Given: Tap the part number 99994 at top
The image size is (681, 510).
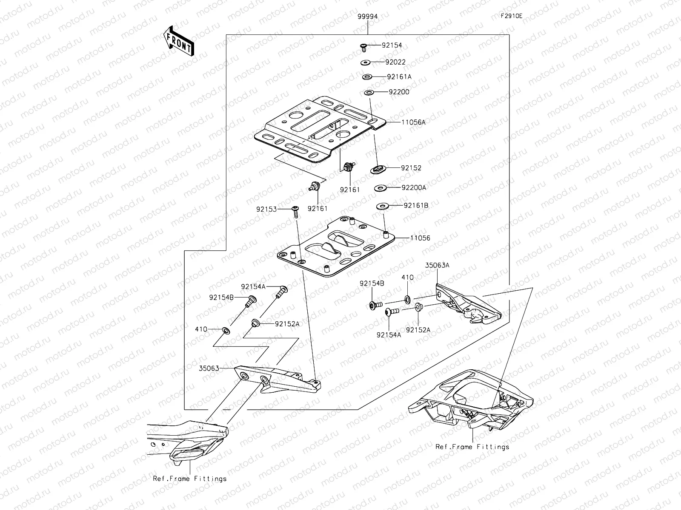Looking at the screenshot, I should [367, 16].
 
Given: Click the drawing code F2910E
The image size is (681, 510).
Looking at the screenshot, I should [511, 16].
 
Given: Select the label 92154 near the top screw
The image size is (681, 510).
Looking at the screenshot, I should [392, 45].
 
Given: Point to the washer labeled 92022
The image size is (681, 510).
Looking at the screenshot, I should [366, 63].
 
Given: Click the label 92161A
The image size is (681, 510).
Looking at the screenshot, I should [399, 77].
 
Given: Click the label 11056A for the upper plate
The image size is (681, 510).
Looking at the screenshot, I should [413, 122].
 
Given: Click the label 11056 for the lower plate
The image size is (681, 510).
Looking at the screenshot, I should [420, 238].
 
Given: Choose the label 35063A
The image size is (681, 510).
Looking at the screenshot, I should [437, 265].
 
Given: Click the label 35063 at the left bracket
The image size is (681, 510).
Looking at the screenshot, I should [209, 368].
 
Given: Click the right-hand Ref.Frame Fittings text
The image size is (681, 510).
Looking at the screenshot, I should [472, 447].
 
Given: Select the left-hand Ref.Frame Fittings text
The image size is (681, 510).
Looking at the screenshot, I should [190, 479].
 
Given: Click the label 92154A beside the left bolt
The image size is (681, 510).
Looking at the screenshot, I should [253, 286].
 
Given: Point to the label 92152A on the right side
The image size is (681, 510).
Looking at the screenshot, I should [418, 329].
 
